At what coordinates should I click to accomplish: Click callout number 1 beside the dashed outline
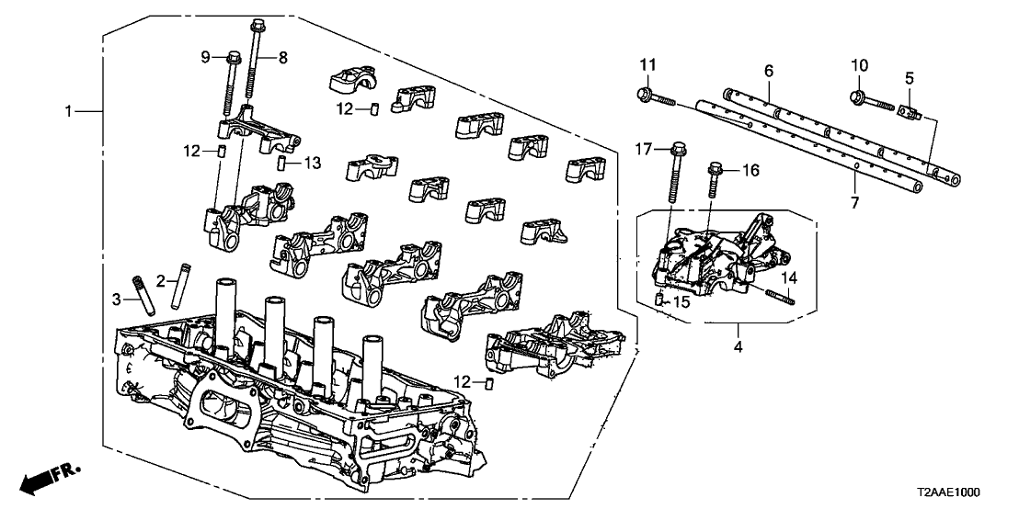(69, 111)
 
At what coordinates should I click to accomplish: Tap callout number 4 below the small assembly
(738, 348)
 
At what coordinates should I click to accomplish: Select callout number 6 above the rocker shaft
(769, 71)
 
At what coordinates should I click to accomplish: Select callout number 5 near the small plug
(908, 78)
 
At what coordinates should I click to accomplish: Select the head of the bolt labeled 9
(227, 60)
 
